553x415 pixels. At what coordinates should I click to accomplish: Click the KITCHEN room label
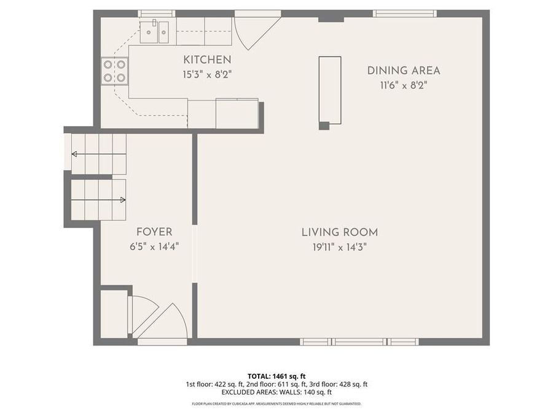[207, 60]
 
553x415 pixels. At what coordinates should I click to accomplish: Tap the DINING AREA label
[403, 70]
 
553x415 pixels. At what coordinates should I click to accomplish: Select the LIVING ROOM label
[339, 232]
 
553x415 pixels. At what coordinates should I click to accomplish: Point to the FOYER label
[154, 232]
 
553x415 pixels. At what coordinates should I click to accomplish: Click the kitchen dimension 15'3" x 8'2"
[207, 74]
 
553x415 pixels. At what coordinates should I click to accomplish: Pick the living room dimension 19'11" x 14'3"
[339, 247]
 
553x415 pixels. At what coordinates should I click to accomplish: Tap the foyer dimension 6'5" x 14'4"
[154, 247]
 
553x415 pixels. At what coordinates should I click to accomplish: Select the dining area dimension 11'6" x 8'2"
[403, 85]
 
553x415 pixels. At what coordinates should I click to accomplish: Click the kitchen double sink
[154, 32]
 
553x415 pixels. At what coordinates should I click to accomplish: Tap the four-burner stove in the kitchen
[115, 70]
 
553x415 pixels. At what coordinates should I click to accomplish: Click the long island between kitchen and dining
[329, 90]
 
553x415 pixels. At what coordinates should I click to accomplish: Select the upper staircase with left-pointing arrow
[98, 154]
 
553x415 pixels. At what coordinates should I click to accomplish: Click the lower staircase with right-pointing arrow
[98, 199]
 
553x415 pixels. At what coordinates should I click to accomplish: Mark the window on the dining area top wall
[405, 14]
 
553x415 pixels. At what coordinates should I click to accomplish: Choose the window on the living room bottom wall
[359, 341]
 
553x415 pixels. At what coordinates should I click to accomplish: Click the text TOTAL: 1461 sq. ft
[276, 375]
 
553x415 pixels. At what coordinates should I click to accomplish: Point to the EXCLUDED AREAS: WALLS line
[276, 392]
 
